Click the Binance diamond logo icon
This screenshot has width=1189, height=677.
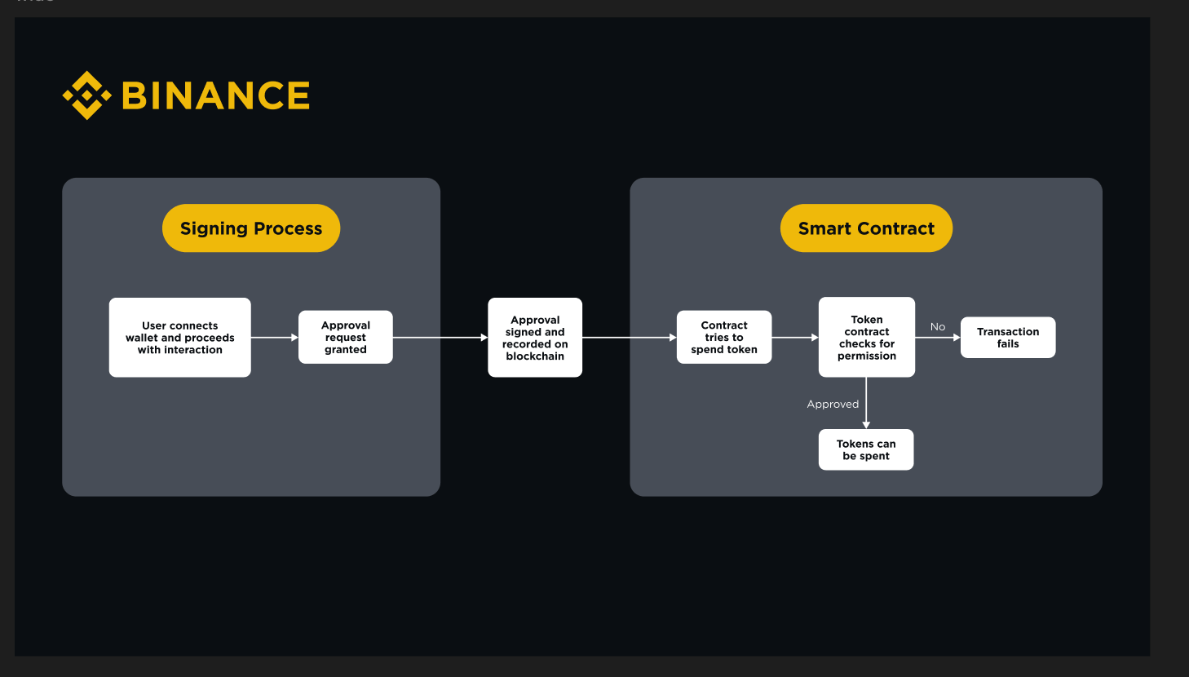[86, 95]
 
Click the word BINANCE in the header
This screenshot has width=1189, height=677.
[216, 95]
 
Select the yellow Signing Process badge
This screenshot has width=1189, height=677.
[251, 228]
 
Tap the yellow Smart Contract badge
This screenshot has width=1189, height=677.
[866, 228]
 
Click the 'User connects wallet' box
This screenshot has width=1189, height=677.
[180, 337]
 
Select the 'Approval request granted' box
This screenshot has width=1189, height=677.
[346, 337]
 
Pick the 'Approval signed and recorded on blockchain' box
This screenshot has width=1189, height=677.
[535, 337]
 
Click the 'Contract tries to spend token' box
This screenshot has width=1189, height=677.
[724, 337]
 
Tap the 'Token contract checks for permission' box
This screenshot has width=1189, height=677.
[867, 337]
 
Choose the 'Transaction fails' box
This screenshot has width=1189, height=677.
[1008, 337]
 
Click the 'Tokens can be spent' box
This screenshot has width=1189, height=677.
[866, 449]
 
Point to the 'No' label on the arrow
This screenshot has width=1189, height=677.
[938, 326]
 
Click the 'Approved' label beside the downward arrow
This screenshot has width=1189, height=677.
[833, 404]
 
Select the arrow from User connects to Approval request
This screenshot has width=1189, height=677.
[275, 337]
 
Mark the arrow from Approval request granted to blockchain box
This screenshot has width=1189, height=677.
[440, 337]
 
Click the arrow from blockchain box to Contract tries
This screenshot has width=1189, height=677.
[630, 337]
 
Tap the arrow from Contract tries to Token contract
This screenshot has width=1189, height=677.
[795, 337]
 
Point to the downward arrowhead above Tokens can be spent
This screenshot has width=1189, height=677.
[866, 424]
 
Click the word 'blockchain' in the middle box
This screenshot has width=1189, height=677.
[535, 356]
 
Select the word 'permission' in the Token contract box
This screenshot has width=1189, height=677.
[867, 356]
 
